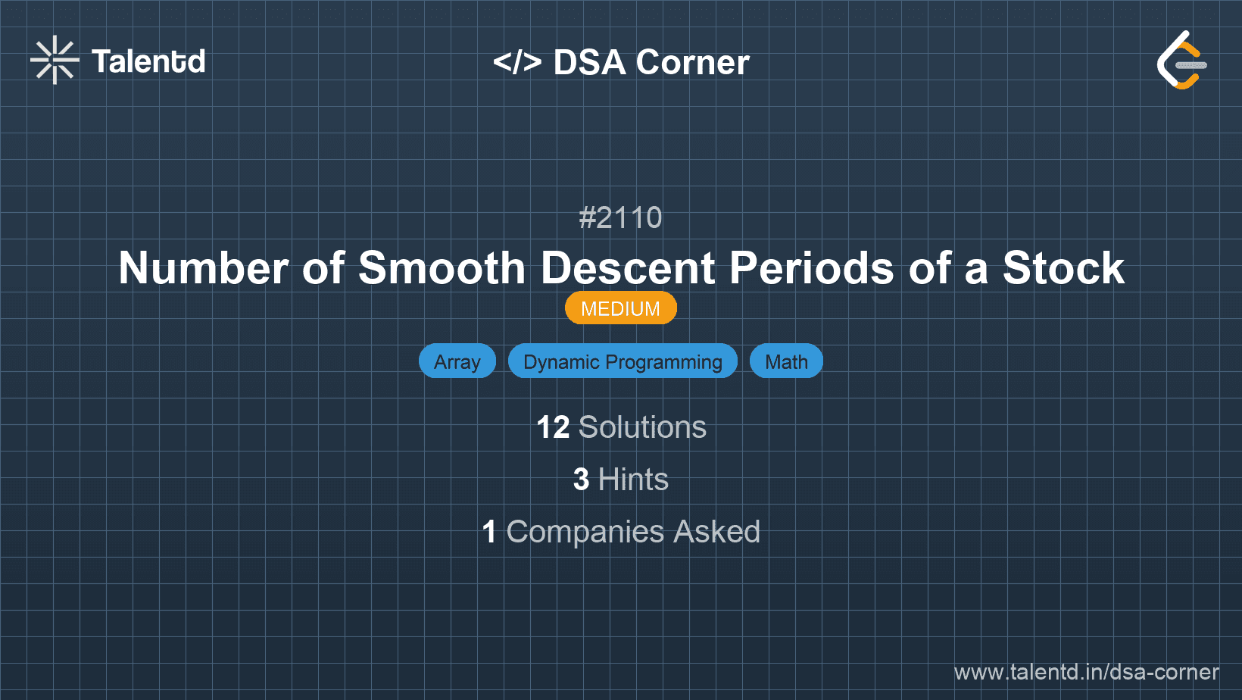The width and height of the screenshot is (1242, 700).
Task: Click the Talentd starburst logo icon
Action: pyautogui.click(x=55, y=61)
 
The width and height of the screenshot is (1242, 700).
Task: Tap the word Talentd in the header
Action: pyautogui.click(x=148, y=61)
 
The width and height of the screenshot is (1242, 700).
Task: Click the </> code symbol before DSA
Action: pyautogui.click(x=517, y=62)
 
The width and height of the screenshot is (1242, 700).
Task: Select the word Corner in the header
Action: pyautogui.click(x=692, y=62)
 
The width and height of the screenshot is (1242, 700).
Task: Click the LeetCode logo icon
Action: pyautogui.click(x=1181, y=61)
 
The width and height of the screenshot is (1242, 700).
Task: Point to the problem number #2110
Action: pyautogui.click(x=620, y=218)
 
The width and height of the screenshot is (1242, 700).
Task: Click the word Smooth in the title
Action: pyautogui.click(x=442, y=268)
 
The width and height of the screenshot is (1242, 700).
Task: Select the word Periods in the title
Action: pyautogui.click(x=811, y=268)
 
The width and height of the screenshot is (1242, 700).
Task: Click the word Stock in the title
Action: pyautogui.click(x=1063, y=268)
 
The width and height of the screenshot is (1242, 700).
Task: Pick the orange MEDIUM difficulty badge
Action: pyautogui.click(x=620, y=308)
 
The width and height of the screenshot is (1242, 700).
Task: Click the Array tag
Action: pyautogui.click(x=457, y=361)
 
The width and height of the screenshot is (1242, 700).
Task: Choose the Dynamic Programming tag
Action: pyautogui.click(x=623, y=361)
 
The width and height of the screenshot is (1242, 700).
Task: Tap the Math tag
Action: pyautogui.click(x=786, y=361)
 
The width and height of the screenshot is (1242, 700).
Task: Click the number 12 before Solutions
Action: pyautogui.click(x=553, y=427)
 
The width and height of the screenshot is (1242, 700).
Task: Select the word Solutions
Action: pyautogui.click(x=642, y=427)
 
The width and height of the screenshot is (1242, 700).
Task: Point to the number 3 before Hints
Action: pyautogui.click(x=581, y=480)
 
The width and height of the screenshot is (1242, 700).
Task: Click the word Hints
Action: pyautogui.click(x=633, y=480)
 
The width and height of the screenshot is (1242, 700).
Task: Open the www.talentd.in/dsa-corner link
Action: pyautogui.click(x=1086, y=672)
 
